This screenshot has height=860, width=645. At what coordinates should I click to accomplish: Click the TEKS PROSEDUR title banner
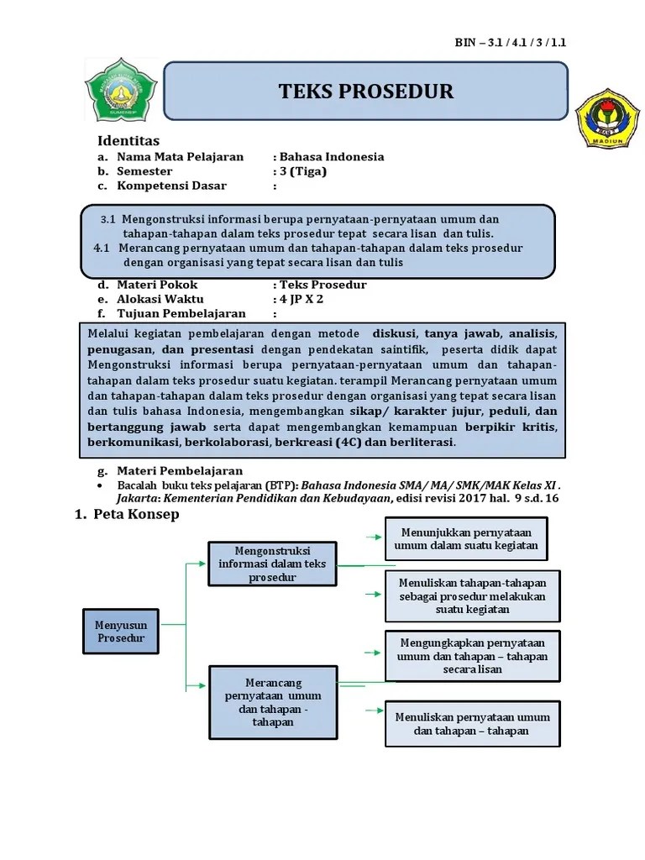(366, 91)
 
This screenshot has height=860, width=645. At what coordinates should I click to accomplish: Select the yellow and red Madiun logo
(607, 118)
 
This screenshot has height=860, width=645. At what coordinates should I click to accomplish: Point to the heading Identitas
(128, 140)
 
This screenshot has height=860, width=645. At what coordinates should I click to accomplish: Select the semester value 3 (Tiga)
(302, 171)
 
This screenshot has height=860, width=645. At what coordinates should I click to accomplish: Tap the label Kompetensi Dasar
(171, 186)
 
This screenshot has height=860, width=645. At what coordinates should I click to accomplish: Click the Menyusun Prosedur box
(121, 631)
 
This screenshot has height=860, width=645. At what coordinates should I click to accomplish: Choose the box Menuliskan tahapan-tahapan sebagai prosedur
(472, 596)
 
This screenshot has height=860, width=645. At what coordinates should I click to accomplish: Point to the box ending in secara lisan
(472, 656)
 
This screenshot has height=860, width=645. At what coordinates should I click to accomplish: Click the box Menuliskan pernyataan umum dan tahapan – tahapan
(472, 724)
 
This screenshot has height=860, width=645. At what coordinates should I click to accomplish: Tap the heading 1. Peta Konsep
(128, 514)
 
